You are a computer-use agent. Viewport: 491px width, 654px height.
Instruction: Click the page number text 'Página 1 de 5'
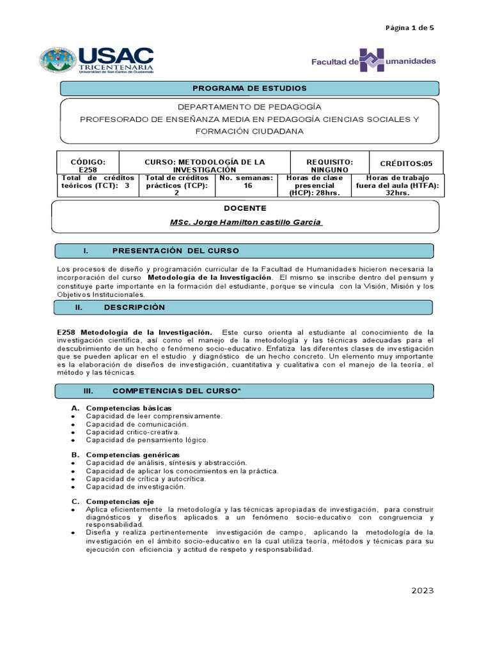point(409,27)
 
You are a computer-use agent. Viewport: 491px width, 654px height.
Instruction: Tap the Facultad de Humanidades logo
point(373,61)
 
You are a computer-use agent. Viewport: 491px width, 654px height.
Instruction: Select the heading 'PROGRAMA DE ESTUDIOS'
point(249,88)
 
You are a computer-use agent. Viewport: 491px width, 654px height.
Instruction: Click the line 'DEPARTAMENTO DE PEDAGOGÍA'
point(249,107)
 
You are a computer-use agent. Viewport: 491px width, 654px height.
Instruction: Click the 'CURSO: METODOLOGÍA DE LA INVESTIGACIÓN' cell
point(205,166)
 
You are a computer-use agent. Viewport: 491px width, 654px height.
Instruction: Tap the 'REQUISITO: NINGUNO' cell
point(329,166)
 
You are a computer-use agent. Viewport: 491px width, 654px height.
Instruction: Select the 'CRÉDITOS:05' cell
point(406,163)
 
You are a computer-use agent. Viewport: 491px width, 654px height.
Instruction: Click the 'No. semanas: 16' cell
point(246,182)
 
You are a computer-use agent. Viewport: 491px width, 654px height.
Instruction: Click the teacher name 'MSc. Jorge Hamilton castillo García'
point(246,222)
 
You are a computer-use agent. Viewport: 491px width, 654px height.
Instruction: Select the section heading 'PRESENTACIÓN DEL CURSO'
point(175,250)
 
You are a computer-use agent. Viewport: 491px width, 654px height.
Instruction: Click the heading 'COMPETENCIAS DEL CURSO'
point(171,390)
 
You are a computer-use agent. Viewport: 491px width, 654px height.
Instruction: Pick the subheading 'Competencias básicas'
point(129,407)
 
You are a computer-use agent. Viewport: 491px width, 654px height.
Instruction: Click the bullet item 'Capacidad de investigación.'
point(136,487)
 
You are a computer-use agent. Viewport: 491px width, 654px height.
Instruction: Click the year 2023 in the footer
point(422,591)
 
